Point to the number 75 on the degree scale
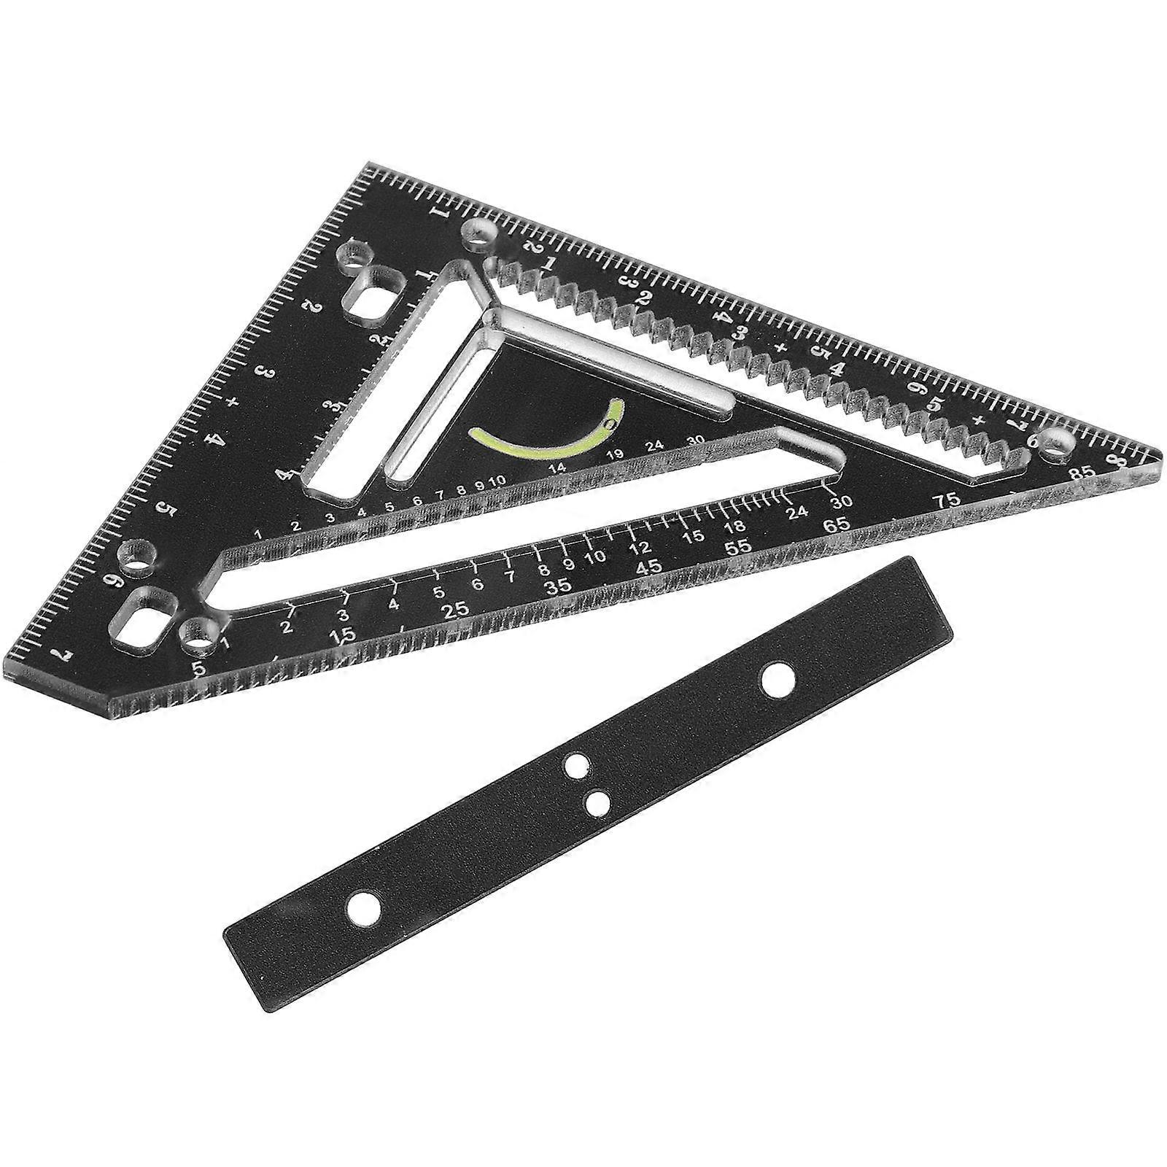948,501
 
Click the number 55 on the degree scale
741,546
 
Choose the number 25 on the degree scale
455,611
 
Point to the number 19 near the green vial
614,455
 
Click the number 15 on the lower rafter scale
694,537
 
